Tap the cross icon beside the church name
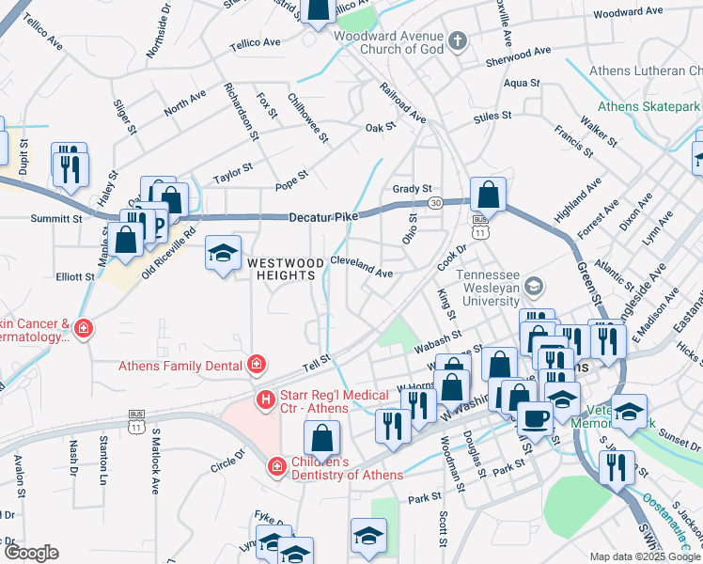pos(458,40)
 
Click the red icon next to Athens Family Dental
pos(256,364)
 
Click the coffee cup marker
pos(535,418)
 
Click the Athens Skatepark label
pos(648,106)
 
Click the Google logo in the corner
pos(31,553)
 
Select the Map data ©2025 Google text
pos(644,556)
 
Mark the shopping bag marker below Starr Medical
pos(321,438)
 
